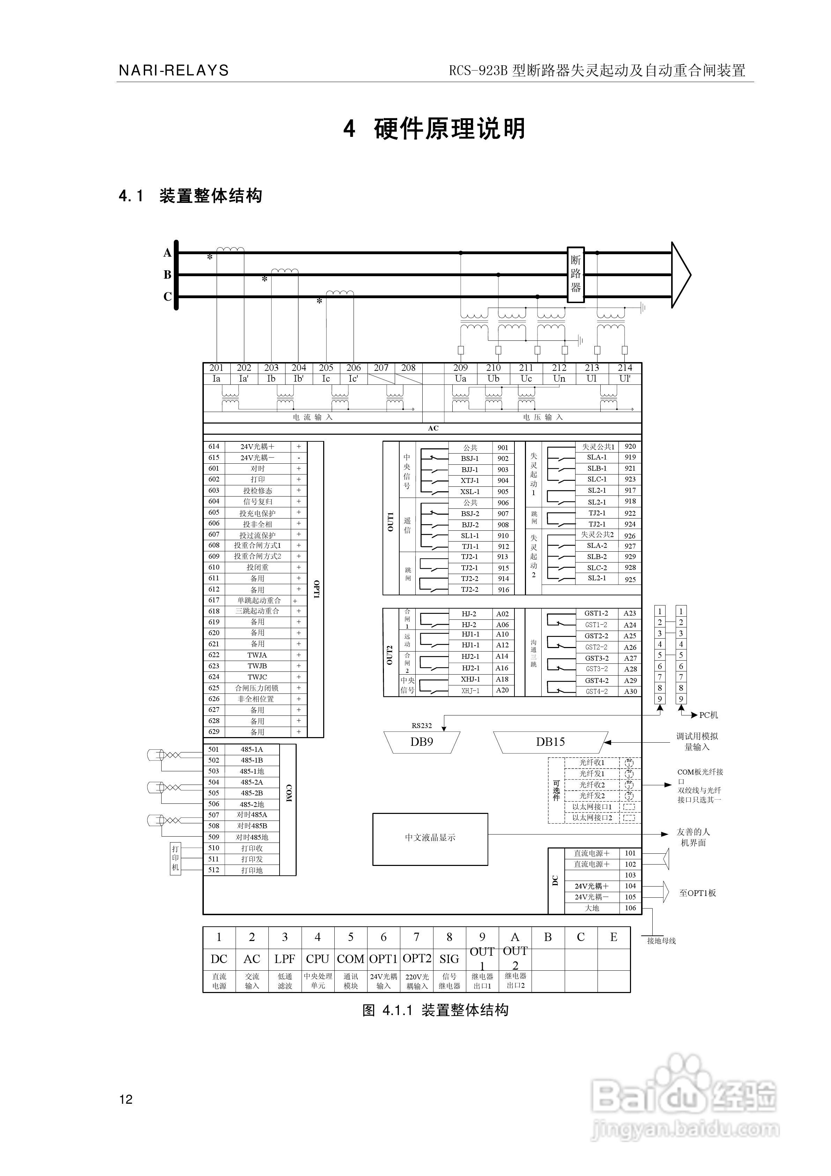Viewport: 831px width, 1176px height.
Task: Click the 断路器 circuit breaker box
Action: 576,274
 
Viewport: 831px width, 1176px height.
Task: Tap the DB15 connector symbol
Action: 550,742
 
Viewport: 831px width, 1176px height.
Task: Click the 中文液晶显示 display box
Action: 430,837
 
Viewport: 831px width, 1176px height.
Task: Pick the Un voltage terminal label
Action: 559,378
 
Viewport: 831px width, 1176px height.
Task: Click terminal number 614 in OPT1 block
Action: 214,446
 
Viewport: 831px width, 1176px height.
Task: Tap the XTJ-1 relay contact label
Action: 470,480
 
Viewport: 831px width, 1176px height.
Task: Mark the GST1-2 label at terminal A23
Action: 596,613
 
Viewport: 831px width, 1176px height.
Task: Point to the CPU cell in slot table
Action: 318,959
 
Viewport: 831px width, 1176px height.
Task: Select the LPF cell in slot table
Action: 285,959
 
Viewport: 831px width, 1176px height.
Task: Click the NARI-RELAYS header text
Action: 173,70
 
